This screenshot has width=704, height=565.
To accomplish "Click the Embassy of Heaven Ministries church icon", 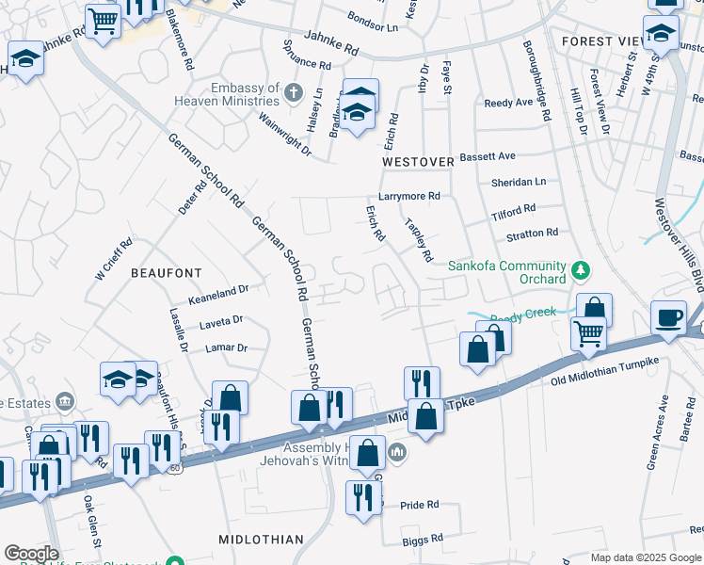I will pyautogui.click(x=294, y=92).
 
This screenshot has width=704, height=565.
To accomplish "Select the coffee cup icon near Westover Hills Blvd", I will pyautogui.click(x=669, y=317).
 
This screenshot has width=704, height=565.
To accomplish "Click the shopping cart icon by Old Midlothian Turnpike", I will pyautogui.click(x=588, y=331).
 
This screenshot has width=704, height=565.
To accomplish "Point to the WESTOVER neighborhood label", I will pyautogui.click(x=418, y=162).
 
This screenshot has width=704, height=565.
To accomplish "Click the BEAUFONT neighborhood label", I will pyautogui.click(x=166, y=272).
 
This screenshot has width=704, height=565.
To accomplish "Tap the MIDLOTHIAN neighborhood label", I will pyautogui.click(x=261, y=540).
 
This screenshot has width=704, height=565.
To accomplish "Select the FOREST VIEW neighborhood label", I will pyautogui.click(x=600, y=41).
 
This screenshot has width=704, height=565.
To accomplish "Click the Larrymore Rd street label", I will pyautogui.click(x=409, y=196).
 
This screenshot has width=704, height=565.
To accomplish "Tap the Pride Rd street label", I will pyautogui.click(x=420, y=505).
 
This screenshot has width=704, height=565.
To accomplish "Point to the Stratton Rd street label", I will pyautogui.click(x=532, y=232).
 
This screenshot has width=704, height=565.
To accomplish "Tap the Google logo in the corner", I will pyautogui.click(x=30, y=554).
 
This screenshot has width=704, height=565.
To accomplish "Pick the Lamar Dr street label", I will pyautogui.click(x=226, y=347).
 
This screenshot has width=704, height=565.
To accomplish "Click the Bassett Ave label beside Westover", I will pyautogui.click(x=488, y=155).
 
